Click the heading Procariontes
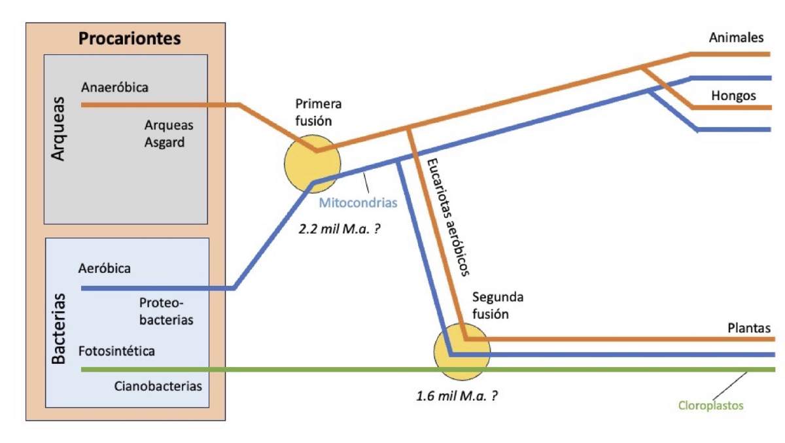click(x=130, y=39)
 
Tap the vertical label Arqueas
click(x=58, y=129)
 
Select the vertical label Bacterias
click(x=58, y=328)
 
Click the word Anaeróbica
click(x=114, y=87)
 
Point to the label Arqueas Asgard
click(x=169, y=133)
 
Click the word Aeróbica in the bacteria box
click(x=105, y=268)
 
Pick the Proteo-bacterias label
click(x=166, y=311)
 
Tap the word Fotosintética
click(x=116, y=351)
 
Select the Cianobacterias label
click(x=158, y=386)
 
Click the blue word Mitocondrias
click(x=358, y=203)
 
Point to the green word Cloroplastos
click(x=710, y=406)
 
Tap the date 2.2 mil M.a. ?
click(x=340, y=229)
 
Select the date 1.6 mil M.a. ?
click(x=457, y=396)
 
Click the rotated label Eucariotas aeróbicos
click(x=448, y=217)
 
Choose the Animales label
click(x=737, y=37)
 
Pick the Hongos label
click(x=733, y=96)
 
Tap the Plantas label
click(x=749, y=328)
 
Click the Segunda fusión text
click(x=498, y=306)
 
